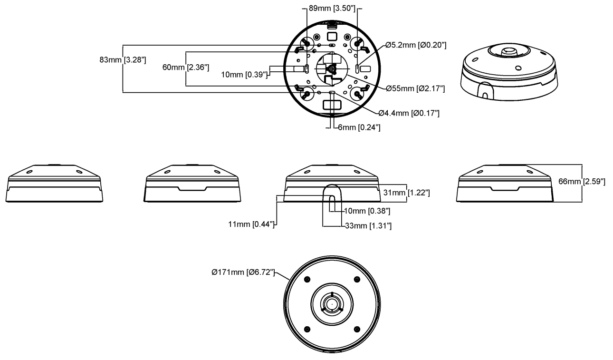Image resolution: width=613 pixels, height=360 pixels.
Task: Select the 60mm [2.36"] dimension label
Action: (x=185, y=67)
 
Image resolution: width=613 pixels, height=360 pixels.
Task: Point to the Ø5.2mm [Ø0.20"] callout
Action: (x=416, y=45)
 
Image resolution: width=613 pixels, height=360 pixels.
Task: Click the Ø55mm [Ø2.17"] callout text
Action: (x=415, y=88)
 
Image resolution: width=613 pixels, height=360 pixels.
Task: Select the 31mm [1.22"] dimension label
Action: (x=406, y=192)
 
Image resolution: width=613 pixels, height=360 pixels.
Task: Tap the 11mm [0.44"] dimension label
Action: (x=252, y=224)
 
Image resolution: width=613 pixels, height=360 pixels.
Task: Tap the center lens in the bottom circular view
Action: (x=331, y=303)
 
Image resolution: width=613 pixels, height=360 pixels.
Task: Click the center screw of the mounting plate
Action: (x=332, y=68)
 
